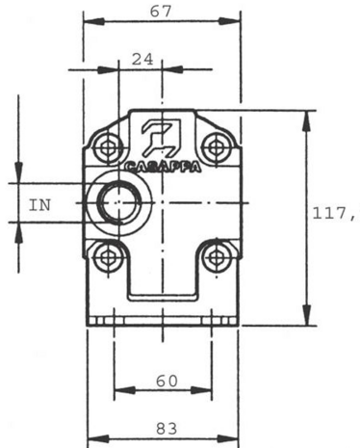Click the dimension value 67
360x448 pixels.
point(161,13)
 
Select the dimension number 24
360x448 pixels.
point(142,60)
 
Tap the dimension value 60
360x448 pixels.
point(167,382)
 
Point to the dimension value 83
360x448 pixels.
point(167,429)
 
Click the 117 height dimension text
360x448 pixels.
point(335,213)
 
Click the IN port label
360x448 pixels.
point(39,205)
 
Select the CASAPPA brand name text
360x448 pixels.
point(163,168)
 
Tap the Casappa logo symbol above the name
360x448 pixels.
point(162,137)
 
